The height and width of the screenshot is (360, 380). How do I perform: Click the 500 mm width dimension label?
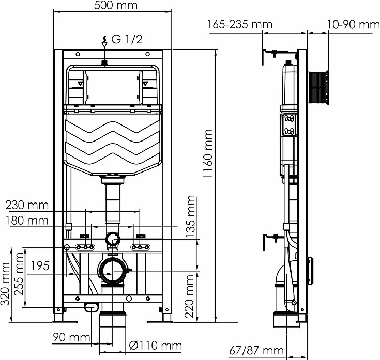pos(116,5)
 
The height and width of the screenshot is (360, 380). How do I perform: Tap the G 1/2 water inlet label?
pos(127,39)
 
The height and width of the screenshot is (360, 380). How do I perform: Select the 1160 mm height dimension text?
pos(208,153)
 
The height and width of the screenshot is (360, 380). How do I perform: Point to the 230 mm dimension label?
pos(27,205)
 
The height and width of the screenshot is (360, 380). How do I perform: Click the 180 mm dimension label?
pos(27,221)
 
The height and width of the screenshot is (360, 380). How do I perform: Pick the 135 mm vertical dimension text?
pos(190,217)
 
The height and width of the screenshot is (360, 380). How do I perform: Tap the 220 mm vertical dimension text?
pos(190,296)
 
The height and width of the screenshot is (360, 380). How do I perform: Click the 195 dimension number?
pos(40,266)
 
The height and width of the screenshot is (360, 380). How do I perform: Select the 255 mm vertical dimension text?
pos(19,274)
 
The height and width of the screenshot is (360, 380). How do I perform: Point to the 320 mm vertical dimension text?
pos(5,284)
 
